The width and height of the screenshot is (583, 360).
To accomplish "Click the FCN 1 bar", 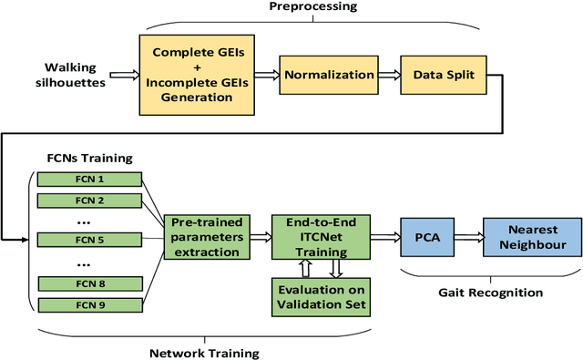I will coord(88,180).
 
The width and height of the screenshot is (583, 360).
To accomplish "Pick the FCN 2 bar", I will coord(88,201).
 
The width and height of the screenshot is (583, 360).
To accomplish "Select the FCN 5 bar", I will coord(88,240).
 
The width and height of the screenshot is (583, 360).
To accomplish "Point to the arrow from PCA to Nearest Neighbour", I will coord(467,239).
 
